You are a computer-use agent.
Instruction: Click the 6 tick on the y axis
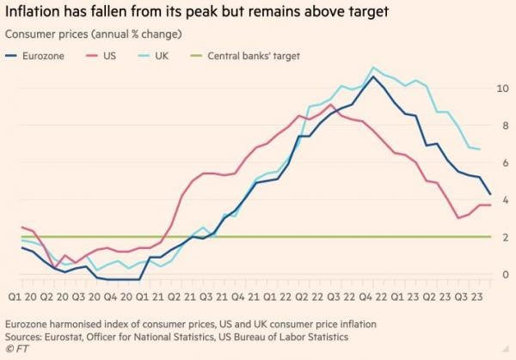click(502, 162)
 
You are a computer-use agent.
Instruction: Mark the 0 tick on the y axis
click(502, 275)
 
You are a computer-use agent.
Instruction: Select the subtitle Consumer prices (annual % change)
click(95, 34)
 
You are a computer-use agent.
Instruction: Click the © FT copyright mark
click(16, 349)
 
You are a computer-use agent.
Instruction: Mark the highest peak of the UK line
click(372, 67)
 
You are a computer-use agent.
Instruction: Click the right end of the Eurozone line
click(491, 194)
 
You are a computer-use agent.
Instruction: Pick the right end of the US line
click(491, 204)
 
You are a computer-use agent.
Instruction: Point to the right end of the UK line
click(480, 149)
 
